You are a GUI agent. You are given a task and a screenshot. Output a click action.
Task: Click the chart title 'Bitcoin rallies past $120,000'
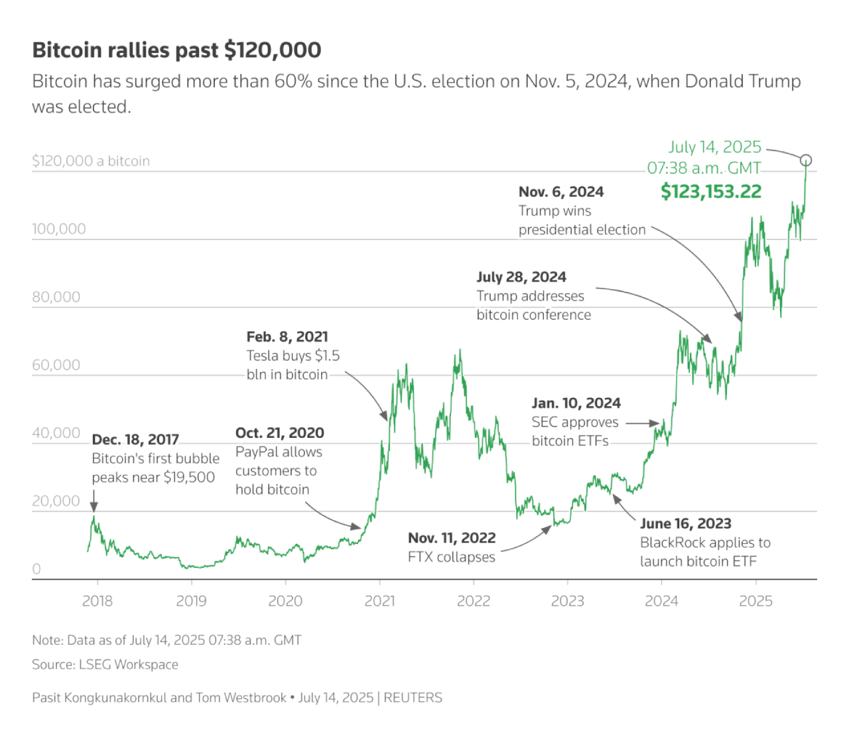(x=176, y=50)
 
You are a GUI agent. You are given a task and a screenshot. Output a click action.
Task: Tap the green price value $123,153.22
(x=711, y=192)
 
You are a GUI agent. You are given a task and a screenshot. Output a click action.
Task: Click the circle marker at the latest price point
(x=806, y=160)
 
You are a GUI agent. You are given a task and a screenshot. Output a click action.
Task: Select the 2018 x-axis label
(x=97, y=601)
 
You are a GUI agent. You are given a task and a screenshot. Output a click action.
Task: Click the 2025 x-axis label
(x=755, y=601)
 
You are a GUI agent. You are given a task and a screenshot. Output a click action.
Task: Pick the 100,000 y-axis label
(x=59, y=229)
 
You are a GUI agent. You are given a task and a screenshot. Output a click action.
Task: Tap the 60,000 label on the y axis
(x=56, y=365)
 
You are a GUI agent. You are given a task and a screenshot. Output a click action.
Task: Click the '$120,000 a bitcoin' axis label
(x=91, y=161)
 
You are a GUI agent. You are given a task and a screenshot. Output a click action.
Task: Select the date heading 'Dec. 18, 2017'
(x=135, y=440)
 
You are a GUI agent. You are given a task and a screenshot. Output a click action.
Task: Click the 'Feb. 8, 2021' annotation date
(x=287, y=337)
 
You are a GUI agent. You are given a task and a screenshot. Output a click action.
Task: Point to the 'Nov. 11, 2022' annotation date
(x=452, y=538)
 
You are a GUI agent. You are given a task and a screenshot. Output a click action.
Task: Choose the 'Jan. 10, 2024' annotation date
(x=576, y=403)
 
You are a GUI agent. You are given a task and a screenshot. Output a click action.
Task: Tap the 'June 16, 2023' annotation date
(x=685, y=524)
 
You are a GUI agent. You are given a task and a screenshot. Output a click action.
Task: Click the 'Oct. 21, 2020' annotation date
(x=279, y=433)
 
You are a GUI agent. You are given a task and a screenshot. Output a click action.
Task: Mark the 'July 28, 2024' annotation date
(x=521, y=277)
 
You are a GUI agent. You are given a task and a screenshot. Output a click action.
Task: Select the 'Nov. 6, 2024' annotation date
(x=561, y=192)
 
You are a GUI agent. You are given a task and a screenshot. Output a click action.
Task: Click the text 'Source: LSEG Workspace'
(x=105, y=665)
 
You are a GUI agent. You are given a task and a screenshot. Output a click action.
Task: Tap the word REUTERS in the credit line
(x=413, y=698)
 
